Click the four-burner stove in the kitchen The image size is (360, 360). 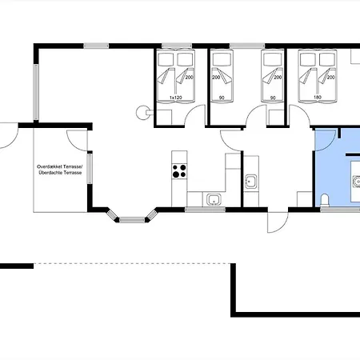pyautogui.click(x=179, y=171)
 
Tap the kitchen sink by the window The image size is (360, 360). pyautogui.click(x=214, y=200)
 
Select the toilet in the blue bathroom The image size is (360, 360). pyautogui.click(x=325, y=200)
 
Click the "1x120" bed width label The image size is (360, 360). pyautogui.click(x=176, y=98)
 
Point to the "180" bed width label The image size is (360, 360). pyautogui.click(x=318, y=98)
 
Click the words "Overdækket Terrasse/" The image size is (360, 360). pyautogui.click(x=60, y=166)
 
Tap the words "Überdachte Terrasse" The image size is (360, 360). pyautogui.click(x=60, y=173)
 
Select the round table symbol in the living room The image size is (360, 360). pyautogui.click(x=142, y=113)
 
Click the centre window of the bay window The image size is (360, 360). pyautogui.click(x=132, y=220)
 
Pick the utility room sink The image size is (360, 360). pyautogui.click(x=251, y=182)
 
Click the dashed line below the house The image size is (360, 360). pyautogui.click(x=132, y=263)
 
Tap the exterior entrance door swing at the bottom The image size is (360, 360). pyautogui.click(x=278, y=222)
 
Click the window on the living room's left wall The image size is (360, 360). pyautogui.click(x=36, y=92)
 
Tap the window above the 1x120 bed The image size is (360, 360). pyautogui.click(x=177, y=46)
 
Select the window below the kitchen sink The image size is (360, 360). pyautogui.click(x=206, y=210)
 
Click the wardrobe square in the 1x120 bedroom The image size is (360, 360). pyautogui.click(x=164, y=117)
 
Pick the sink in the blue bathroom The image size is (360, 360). pyautogui.click(x=357, y=182)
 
